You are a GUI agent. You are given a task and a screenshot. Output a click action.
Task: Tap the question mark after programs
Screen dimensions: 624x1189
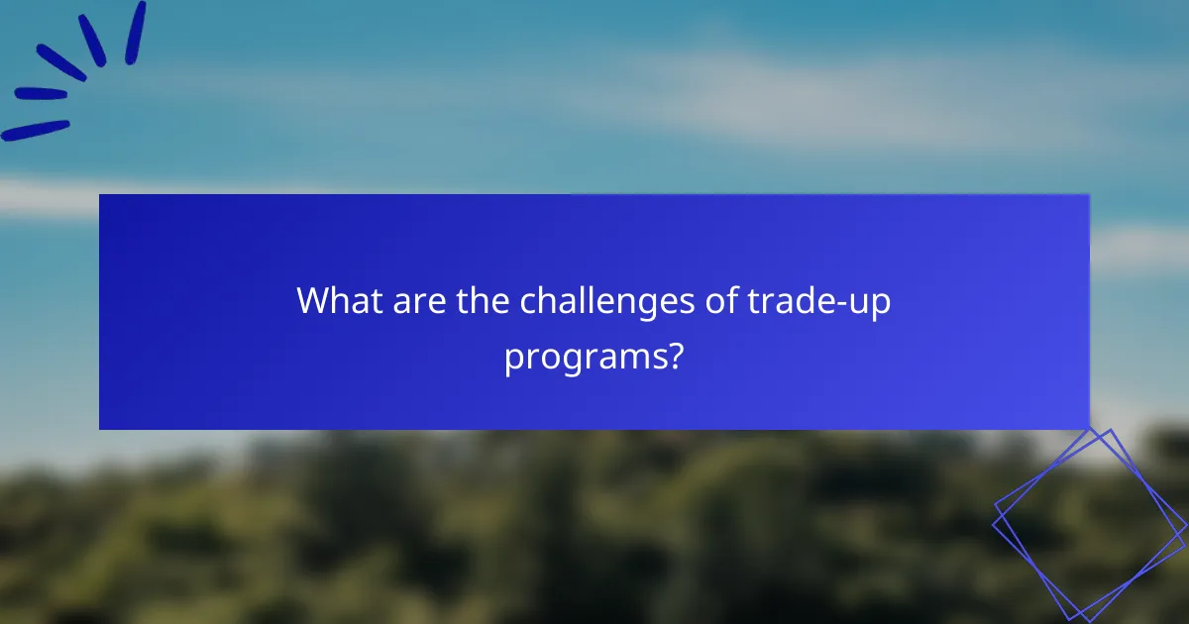click(673, 355)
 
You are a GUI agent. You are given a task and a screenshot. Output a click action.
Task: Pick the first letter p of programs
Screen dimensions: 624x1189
click(513, 361)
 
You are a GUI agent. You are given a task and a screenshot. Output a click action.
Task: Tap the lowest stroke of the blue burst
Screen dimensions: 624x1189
click(36, 130)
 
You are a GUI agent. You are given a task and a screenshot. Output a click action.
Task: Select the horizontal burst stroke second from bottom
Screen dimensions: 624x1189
click(41, 94)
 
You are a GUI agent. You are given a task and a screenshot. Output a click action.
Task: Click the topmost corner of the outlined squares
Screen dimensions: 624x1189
click(1112, 429)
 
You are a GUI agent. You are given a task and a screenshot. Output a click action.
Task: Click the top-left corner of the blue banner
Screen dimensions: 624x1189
click(100, 195)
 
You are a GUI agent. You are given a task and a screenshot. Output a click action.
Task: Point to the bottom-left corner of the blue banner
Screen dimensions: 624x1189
click(100, 428)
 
